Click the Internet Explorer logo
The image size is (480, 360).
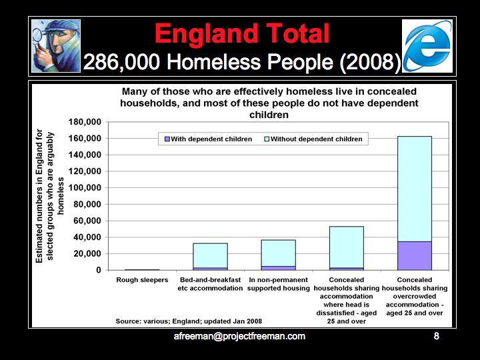428,45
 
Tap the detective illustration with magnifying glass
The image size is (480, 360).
56,45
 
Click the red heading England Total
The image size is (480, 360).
242,33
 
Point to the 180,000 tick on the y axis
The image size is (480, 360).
85,122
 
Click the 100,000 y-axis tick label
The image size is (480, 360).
85,188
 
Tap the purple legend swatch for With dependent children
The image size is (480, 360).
166,139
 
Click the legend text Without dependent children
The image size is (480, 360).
317,139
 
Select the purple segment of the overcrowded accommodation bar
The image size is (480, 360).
414,255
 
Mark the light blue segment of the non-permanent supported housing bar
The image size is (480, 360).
278,253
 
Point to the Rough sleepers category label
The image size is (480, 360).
142,280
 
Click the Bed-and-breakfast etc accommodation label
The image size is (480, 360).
210,284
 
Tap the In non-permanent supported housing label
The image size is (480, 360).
278,284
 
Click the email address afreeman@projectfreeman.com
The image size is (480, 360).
239,337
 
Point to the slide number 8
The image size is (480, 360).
437,337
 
